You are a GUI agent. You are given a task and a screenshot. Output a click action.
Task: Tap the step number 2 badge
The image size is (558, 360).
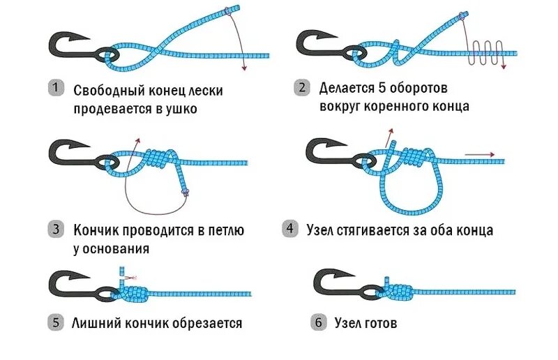(302, 89)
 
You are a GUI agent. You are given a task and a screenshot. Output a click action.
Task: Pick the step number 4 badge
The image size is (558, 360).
(289, 229)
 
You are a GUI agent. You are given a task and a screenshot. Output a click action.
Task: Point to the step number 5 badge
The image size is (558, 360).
(55, 323)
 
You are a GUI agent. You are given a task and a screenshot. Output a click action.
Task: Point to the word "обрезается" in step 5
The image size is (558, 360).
(207, 323)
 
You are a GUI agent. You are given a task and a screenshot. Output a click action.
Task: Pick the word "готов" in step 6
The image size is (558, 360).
(382, 323)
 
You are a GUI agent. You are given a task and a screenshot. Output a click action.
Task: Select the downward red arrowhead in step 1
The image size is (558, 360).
(244, 68)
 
